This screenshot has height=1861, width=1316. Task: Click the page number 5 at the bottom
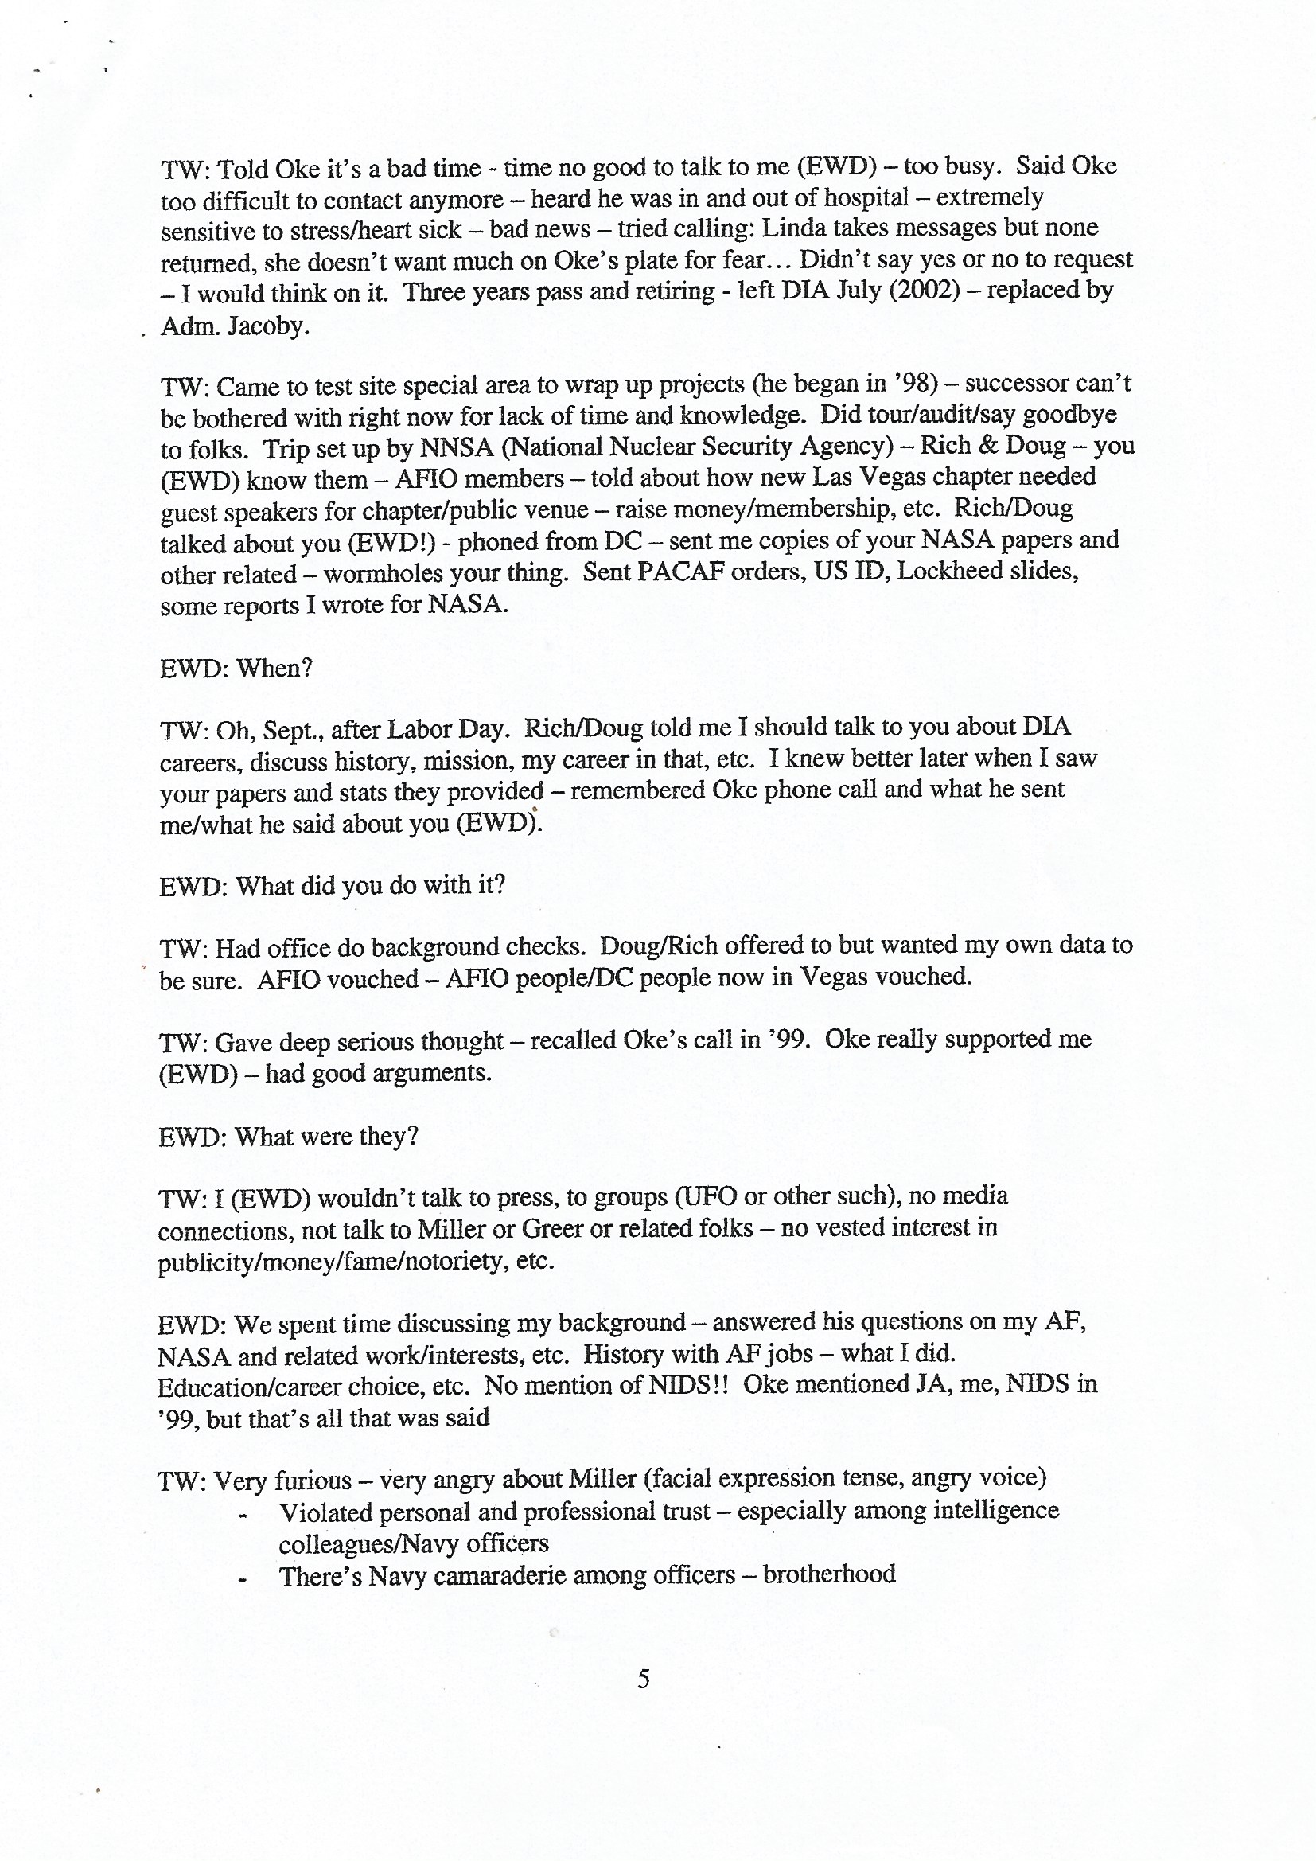pos(644,1677)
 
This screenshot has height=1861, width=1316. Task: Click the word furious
pos(313,1480)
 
